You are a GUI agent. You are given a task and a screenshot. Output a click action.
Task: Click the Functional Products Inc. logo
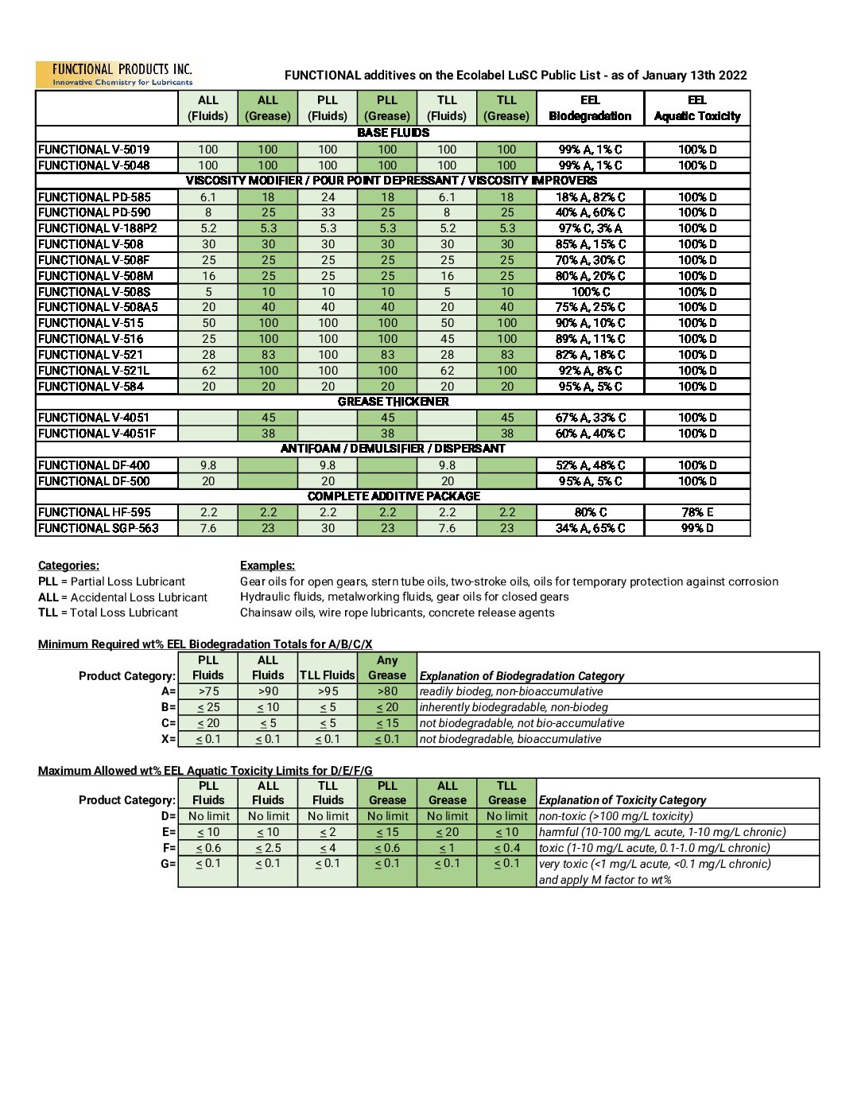coord(114,75)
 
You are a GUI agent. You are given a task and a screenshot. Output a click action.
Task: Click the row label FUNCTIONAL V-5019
coord(94,150)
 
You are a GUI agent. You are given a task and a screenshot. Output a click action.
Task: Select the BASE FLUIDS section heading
coord(393,133)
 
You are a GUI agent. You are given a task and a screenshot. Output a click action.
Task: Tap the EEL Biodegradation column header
coord(590,108)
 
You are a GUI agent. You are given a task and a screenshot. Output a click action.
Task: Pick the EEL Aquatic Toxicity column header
coord(697,108)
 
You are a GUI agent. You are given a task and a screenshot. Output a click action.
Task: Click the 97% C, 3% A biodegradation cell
coord(590,228)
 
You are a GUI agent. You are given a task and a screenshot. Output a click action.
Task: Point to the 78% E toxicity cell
coord(697,512)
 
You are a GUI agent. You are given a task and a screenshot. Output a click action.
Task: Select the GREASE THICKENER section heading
coord(393,402)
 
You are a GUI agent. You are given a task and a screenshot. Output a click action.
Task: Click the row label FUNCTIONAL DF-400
coord(94,465)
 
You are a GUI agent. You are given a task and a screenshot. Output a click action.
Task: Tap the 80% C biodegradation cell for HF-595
coord(590,512)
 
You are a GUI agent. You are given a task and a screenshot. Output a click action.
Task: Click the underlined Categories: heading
coord(68,566)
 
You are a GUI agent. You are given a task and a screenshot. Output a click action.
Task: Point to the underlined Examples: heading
coord(267,566)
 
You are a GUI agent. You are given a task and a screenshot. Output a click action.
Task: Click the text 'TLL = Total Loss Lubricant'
coord(108,612)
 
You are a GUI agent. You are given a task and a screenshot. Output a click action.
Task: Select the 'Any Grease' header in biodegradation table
coord(387,667)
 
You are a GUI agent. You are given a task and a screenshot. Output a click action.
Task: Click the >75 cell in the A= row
coord(208,691)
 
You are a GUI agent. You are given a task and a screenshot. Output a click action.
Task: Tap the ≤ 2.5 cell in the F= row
coord(268,848)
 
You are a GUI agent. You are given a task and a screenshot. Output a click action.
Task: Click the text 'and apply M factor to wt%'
coord(605,880)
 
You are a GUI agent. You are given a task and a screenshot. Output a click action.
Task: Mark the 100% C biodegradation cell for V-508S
coord(590,292)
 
